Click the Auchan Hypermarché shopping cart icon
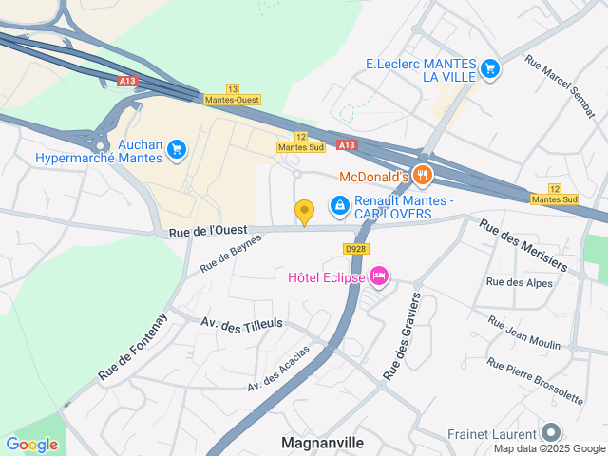[176, 149]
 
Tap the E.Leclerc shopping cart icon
[489, 67]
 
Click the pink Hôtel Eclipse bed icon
[379, 276]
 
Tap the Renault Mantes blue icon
[339, 204]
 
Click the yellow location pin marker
[304, 212]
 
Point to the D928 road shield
[355, 248]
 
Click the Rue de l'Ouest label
[209, 231]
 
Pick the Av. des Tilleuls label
[242, 324]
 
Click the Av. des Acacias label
[278, 369]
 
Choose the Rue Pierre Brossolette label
[535, 380]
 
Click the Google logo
[31, 444]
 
